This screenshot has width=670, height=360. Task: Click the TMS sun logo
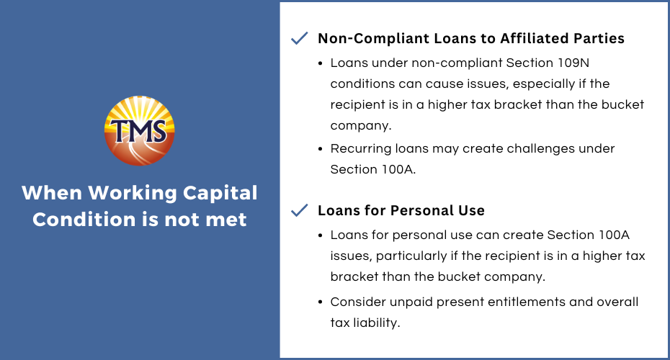(x=139, y=130)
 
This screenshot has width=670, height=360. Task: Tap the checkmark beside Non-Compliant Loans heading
(x=299, y=38)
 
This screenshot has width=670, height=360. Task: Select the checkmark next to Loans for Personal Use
(x=299, y=210)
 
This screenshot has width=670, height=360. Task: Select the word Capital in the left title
(x=220, y=193)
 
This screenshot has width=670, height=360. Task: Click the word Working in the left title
(x=133, y=193)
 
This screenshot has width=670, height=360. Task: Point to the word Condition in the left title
(x=84, y=220)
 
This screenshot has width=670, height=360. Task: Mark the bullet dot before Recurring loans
(x=321, y=150)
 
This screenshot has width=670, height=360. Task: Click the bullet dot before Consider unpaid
(x=321, y=302)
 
